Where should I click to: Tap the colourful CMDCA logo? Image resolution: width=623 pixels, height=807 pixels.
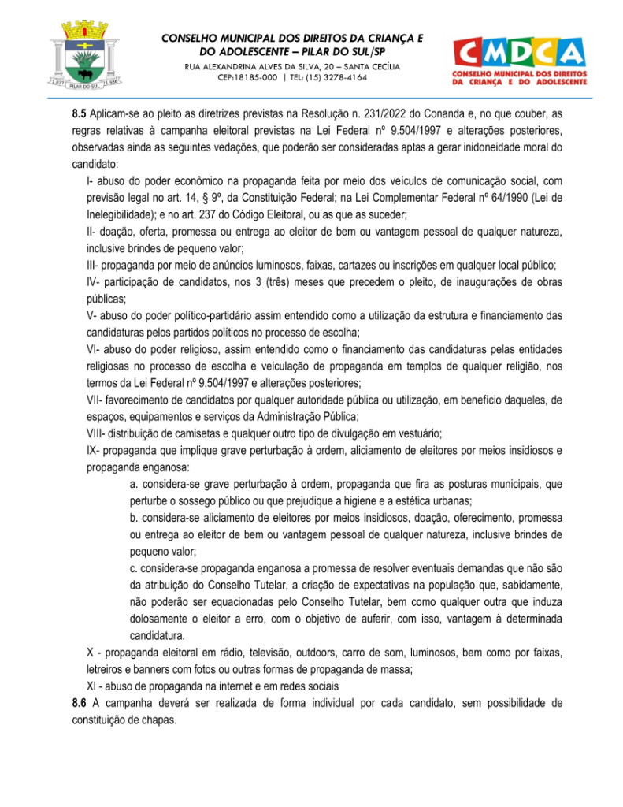point(519,59)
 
